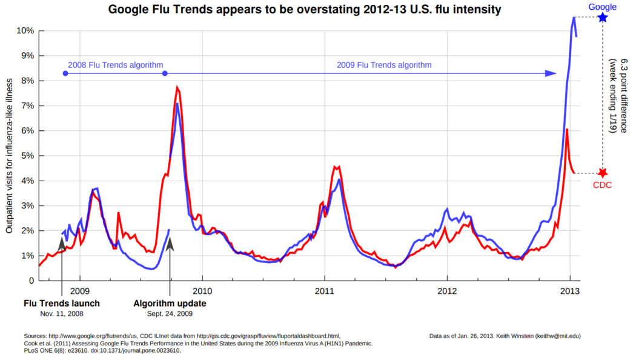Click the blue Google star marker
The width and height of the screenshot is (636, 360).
[x=603, y=18]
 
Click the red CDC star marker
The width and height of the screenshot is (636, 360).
[x=603, y=173]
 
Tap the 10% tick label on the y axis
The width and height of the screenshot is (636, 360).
[x=24, y=30]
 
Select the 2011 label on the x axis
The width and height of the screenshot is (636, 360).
[x=325, y=291]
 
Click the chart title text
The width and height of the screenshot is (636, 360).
[x=305, y=10]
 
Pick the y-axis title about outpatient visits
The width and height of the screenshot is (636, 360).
[x=10, y=156]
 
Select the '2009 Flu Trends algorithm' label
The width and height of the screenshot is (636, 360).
[x=384, y=65]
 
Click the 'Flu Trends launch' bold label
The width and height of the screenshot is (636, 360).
[x=61, y=303]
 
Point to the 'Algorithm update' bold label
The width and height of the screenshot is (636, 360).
[x=170, y=303]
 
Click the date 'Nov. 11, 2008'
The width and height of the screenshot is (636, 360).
[x=61, y=313]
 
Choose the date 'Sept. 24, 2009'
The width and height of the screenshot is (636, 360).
[x=170, y=313]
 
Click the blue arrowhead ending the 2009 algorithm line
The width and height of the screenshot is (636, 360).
[x=551, y=73]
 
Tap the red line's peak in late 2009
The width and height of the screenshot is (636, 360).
[x=177, y=87]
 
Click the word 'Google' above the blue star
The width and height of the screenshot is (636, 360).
[x=603, y=7]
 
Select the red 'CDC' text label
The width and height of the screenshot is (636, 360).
[x=602, y=185]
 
